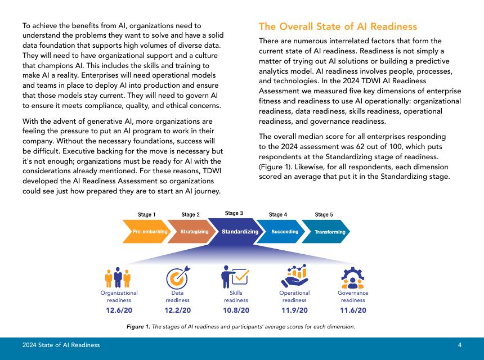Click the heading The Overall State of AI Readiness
(x=338, y=26)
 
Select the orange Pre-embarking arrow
(x=146, y=232)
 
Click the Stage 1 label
(x=147, y=214)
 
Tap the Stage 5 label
(x=324, y=214)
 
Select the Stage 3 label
(x=234, y=213)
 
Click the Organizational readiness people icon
(x=119, y=277)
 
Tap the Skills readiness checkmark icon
(x=236, y=276)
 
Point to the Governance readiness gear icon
(x=353, y=276)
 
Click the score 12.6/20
(x=119, y=310)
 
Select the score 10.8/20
(x=236, y=310)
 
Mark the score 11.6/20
(x=353, y=310)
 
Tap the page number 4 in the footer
(x=460, y=345)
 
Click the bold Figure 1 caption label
(x=137, y=327)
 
